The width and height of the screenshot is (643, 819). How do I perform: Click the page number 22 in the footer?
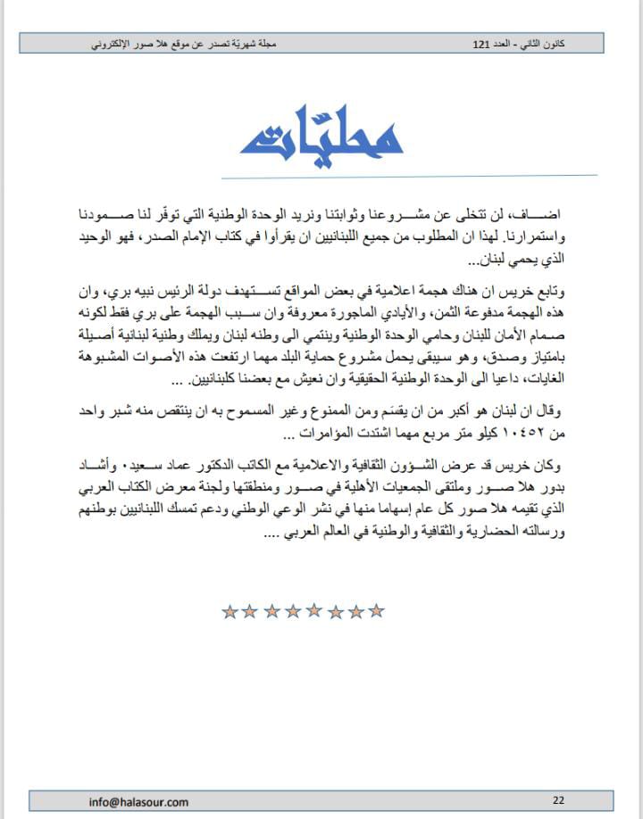click(x=559, y=800)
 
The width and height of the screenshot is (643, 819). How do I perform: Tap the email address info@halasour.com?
click(x=138, y=801)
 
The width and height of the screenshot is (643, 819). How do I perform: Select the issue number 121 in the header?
click(x=481, y=43)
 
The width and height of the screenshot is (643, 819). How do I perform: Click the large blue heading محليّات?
click(x=322, y=136)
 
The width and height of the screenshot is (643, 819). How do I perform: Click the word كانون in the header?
click(x=578, y=43)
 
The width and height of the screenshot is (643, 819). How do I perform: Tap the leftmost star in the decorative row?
click(x=230, y=611)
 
